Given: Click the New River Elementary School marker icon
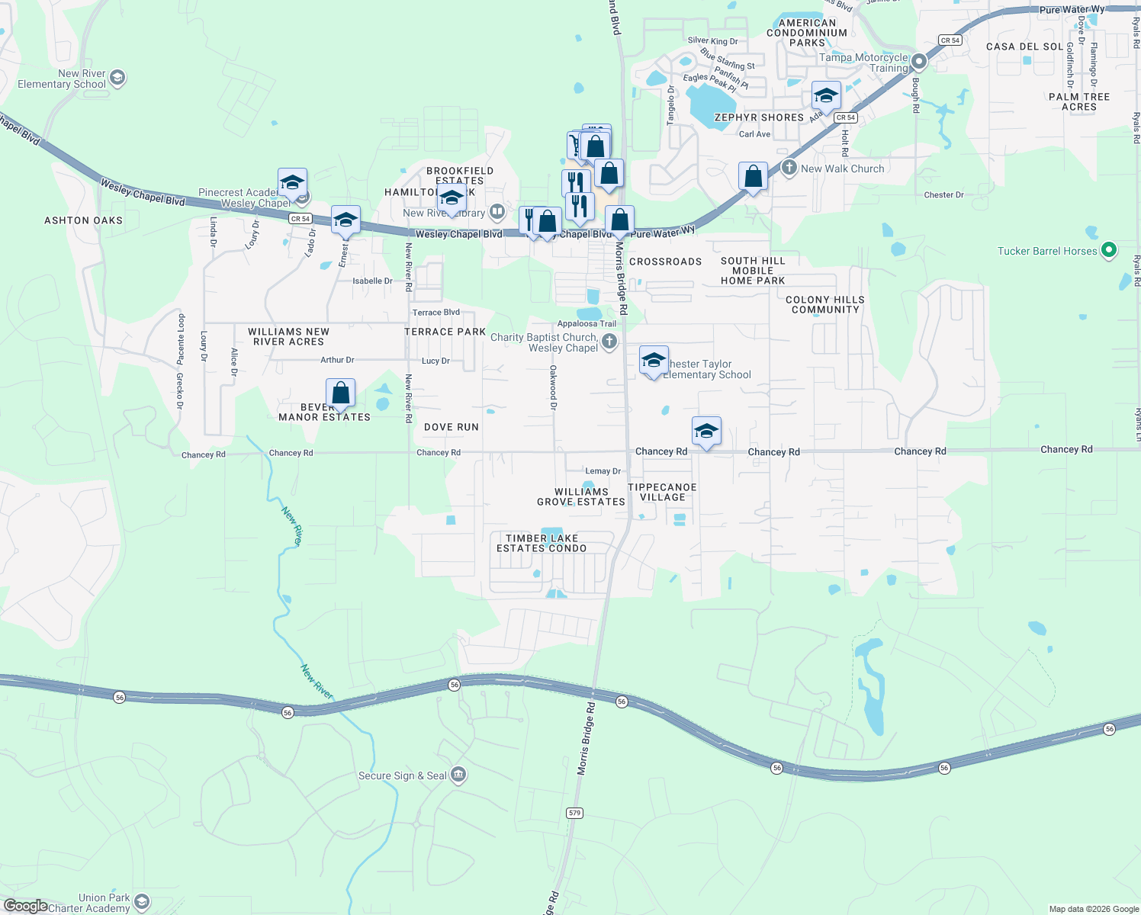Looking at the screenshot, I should [117, 77].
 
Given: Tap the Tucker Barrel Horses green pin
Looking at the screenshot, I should [1110, 250].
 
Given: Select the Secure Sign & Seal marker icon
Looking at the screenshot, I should [458, 775].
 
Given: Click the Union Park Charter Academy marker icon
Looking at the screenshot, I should [142, 903].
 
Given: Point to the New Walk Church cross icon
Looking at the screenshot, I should [789, 167].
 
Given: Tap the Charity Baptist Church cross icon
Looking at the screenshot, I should [609, 342].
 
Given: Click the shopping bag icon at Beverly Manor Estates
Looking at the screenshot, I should [340, 393].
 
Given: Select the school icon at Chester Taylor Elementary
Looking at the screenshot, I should [653, 361].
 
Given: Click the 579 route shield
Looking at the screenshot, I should [574, 813].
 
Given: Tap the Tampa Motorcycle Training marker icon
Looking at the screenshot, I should [919, 61].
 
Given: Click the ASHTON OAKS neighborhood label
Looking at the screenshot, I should [83, 220].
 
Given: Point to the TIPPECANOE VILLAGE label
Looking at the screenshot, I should [662, 492].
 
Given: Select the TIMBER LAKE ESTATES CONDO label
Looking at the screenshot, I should [542, 543].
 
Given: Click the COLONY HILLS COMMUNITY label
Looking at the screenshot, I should [824, 304].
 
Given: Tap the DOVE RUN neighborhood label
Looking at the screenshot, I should [452, 427].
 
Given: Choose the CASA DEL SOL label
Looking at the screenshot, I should [1024, 47].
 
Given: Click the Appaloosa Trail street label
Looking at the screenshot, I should [587, 324].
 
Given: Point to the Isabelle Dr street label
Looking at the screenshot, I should [372, 281].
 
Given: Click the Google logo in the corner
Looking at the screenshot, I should [25, 906].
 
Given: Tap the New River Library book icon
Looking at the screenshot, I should [497, 211].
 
